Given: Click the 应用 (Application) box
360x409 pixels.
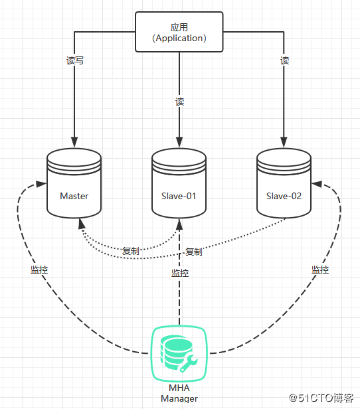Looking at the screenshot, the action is pos(179,32).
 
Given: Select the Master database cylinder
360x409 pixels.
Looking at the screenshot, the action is pos(74,183).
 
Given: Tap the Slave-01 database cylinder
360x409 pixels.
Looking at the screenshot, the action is pos(179,183).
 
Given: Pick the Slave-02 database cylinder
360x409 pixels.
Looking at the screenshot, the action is pos(284,183).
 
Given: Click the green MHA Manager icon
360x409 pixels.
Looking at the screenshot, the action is pos(179,353).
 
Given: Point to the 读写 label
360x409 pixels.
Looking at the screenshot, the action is pos(75,60).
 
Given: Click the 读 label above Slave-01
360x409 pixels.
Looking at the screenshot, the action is pos(179,102).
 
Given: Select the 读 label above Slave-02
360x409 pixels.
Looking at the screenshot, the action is pos(284,60).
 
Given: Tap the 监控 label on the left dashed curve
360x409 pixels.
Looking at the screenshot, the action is pos(39,270).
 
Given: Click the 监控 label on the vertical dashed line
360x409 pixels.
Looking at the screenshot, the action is pos(180,273).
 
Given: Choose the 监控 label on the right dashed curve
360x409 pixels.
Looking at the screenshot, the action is pos(320,270).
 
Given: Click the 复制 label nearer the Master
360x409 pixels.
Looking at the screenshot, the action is pos(131,251).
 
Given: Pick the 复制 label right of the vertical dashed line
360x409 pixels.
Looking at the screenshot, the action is pos(194,252).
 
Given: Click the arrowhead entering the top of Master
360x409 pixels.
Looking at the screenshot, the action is pos(74,142).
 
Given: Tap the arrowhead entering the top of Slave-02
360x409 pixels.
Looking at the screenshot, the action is pos(284,142).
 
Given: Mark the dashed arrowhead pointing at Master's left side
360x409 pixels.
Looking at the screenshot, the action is pos(41,184).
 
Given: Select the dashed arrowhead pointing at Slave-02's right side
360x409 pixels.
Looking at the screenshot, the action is pos(317,184).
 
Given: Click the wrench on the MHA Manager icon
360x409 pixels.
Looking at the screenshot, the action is pos(189,363).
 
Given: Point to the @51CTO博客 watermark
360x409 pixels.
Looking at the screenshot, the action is pos(321,398).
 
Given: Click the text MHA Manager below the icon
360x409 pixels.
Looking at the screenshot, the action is pos(179,393).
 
